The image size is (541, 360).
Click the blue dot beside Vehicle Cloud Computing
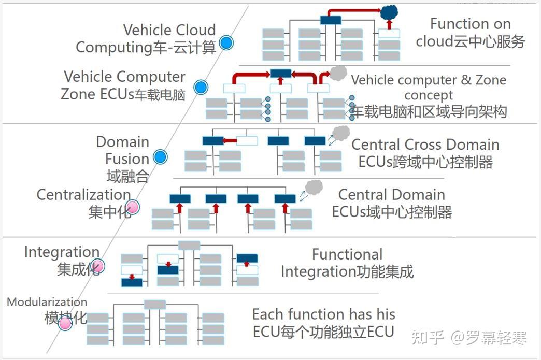pos(226,42)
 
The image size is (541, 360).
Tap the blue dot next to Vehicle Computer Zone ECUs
pos(201,87)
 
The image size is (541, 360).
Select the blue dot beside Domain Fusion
pos(161,157)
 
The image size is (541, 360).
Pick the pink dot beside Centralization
pos(133,207)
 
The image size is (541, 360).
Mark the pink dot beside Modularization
pos(65,323)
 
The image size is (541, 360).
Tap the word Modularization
pos(47,302)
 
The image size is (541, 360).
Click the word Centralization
pos(83,195)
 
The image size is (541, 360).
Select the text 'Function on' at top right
pos(470,24)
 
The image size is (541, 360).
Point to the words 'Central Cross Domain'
pos(425,145)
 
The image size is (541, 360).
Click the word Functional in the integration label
pos(347,254)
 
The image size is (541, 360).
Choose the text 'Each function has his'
pos(323,314)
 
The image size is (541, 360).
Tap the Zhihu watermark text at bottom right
pos(468,338)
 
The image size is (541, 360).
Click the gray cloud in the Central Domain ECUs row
pos(314,187)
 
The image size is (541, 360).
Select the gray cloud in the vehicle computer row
pos(338,73)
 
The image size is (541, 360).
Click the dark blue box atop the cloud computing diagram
pos(331,20)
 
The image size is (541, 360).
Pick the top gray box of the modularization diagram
pos(154,304)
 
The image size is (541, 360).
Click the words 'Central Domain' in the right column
pos(391,195)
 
